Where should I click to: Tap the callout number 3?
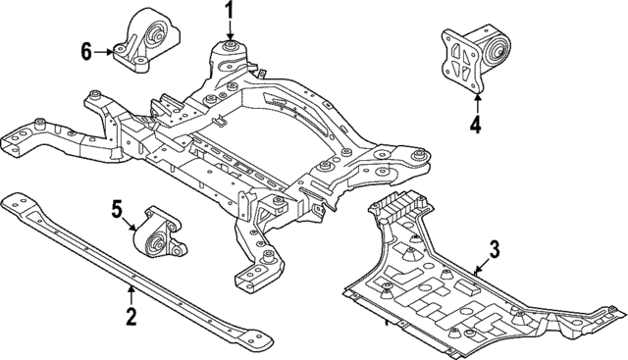pos(495,250)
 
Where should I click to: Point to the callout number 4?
pos(476,124)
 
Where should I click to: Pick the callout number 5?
pos(117,208)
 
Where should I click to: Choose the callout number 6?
pos(85,50)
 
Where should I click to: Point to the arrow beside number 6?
pos(104,50)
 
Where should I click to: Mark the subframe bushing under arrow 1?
pos(231,46)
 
